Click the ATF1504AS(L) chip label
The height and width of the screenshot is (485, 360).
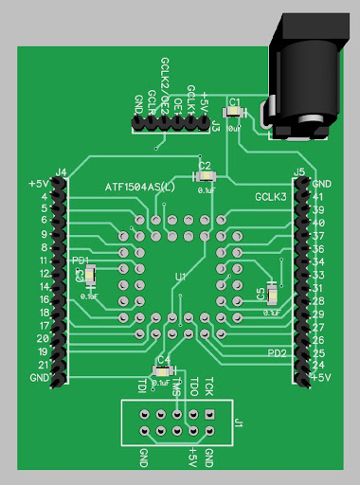pyautogui.click(x=140, y=188)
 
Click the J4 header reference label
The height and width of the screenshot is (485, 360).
pyautogui.click(x=61, y=171)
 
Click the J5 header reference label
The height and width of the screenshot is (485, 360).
pyautogui.click(x=299, y=171)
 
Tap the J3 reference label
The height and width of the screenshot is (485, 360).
pyautogui.click(x=216, y=126)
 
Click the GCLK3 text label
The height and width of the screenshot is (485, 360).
pyautogui.click(x=271, y=197)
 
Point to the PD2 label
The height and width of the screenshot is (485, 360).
pyautogui.click(x=277, y=352)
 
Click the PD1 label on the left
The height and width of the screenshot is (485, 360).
pyautogui.click(x=81, y=260)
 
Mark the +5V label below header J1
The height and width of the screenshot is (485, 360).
pyautogui.click(x=192, y=457)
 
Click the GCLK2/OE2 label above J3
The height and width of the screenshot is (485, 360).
pyautogui.click(x=165, y=86)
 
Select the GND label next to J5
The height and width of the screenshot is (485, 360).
pyautogui.click(x=321, y=183)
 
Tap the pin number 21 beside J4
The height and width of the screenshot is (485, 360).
pyautogui.click(x=43, y=365)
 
